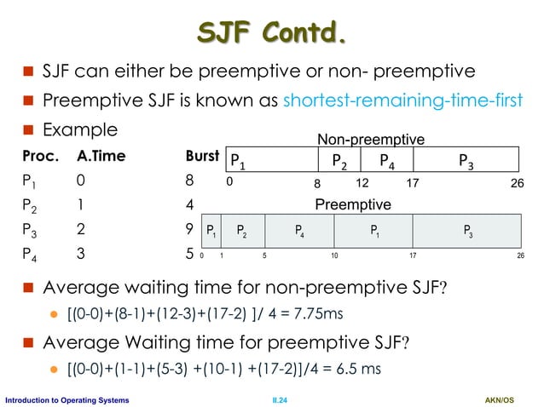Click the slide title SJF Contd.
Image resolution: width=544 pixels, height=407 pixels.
pyautogui.click(x=272, y=33)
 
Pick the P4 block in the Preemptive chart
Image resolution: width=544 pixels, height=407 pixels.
pyautogui.click(x=299, y=230)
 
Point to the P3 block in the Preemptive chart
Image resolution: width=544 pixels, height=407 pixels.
pyautogui.click(x=467, y=230)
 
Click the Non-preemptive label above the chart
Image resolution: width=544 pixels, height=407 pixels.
pyautogui.click(x=370, y=139)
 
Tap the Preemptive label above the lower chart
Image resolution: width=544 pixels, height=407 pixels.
pyautogui.click(x=353, y=205)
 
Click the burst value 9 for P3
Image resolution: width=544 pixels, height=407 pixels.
pyautogui.click(x=188, y=229)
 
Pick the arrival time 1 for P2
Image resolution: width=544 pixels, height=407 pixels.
pyautogui.click(x=80, y=205)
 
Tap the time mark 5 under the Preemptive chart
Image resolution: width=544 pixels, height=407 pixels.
pyautogui.click(x=265, y=255)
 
